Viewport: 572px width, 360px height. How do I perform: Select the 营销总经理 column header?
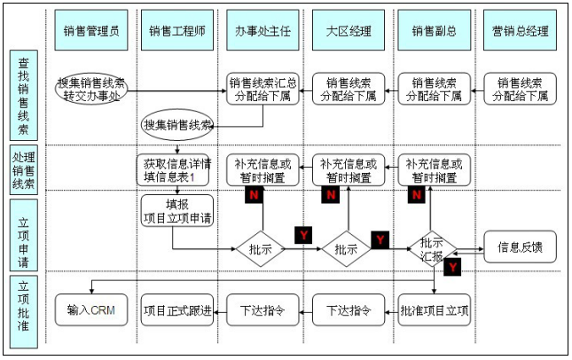point(521,31)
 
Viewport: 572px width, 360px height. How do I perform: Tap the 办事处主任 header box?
point(262,31)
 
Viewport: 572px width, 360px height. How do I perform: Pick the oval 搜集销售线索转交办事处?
point(92,89)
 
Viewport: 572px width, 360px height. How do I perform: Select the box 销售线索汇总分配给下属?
point(262,89)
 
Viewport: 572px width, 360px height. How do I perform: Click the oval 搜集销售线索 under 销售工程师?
point(178,125)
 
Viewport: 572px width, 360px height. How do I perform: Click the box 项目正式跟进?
point(177,310)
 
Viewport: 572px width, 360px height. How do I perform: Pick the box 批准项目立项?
point(434,310)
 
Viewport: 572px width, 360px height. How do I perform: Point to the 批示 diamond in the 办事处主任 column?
point(262,250)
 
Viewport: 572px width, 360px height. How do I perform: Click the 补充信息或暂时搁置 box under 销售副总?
point(434,169)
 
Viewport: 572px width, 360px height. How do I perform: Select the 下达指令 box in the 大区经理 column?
point(349,310)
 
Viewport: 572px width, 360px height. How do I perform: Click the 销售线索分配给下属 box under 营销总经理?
point(521,89)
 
